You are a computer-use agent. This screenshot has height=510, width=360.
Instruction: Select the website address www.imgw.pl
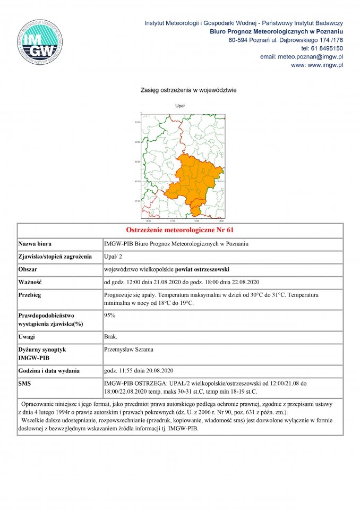coord(325,65)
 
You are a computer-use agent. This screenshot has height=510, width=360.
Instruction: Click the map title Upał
coord(180,106)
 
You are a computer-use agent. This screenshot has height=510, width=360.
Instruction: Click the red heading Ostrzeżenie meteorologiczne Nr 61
coord(180,231)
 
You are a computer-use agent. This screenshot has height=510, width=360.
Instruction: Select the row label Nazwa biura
coord(35,244)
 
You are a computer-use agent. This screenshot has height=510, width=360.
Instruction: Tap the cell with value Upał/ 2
coord(113,257)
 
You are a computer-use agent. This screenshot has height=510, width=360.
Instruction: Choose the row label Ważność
coord(30,282)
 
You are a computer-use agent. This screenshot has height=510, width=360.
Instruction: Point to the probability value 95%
coord(110,315)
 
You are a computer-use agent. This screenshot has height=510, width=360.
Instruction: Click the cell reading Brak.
coord(111,337)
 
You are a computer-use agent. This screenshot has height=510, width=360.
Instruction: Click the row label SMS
coord(25,382)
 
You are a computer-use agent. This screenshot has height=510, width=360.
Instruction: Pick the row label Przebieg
coord(30,294)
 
